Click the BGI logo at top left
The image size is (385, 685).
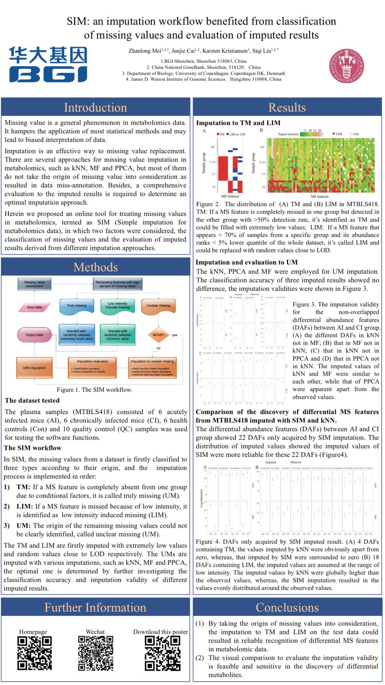[48, 64]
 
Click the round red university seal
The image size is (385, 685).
[346, 66]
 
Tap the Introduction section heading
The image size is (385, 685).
[96, 107]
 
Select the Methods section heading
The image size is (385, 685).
[96, 267]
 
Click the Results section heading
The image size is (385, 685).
[287, 107]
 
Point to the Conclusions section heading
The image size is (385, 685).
[287, 607]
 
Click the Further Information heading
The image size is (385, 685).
[96, 607]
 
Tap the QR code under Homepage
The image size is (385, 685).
[35, 653]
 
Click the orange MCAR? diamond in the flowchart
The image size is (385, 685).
[158, 335]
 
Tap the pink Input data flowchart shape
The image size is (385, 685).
[34, 307]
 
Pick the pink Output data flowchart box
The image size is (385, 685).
[34, 335]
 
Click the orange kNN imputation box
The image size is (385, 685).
[34, 368]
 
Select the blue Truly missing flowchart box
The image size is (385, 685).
[77, 306]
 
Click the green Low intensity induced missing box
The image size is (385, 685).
[117, 306]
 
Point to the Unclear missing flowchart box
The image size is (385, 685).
[158, 306]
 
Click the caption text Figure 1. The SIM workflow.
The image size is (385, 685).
[94, 390]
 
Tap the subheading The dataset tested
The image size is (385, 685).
[32, 400]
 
